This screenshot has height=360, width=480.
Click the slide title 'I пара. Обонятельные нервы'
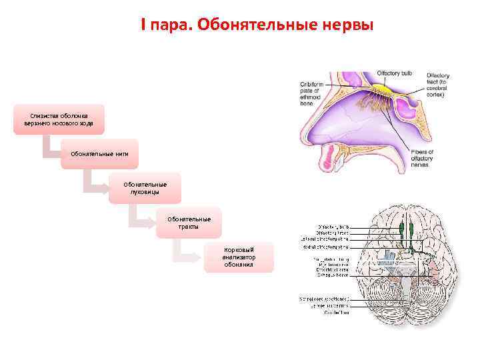(x=257, y=25)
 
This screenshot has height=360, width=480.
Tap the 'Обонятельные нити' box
(x=100, y=154)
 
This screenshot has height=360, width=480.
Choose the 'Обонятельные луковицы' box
(x=145, y=188)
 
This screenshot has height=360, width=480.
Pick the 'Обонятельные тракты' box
(x=189, y=223)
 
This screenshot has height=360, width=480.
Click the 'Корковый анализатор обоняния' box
(x=239, y=257)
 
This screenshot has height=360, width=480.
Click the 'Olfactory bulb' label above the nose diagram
(x=394, y=72)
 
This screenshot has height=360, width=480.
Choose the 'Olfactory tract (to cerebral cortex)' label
(x=439, y=85)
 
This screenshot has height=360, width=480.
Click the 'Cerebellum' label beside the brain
(x=337, y=311)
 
